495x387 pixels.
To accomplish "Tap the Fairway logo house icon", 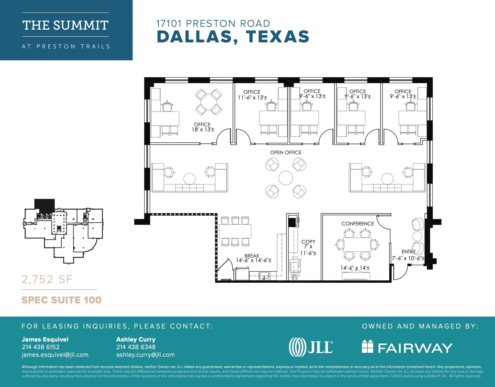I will [367, 346].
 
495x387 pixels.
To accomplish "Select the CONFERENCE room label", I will [357, 224].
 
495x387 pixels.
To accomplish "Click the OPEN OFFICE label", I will [286, 153].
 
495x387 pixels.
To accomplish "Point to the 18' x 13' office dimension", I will [203, 130].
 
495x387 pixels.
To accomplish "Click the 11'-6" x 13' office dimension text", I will [252, 97].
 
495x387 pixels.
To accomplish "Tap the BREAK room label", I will [252, 256].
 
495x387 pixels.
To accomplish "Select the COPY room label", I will [308, 242].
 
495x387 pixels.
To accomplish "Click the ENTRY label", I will [408, 252].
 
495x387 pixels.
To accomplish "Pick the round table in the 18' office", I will [208, 102].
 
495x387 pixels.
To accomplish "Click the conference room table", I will [357, 245].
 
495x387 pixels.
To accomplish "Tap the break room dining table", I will [235, 231].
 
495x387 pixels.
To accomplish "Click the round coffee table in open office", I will [286, 178].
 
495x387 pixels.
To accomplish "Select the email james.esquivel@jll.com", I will [55, 355].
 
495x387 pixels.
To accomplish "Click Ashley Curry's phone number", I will [136, 347].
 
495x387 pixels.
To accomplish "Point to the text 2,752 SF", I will [47, 279].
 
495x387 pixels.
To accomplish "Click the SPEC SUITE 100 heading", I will [61, 300].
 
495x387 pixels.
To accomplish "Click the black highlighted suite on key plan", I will [44, 204].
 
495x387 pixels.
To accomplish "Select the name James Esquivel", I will [45, 340].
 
